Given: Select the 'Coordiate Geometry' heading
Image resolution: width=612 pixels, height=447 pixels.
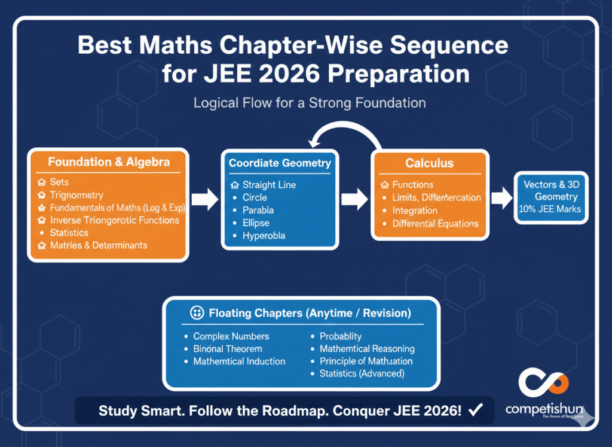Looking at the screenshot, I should tap(280, 163).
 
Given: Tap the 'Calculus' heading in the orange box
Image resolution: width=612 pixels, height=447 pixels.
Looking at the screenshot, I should tap(429, 163).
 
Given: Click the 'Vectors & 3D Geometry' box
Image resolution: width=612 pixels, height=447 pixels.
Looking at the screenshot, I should tap(551, 197).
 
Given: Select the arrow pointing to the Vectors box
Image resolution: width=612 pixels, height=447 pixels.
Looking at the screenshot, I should tap(501, 196).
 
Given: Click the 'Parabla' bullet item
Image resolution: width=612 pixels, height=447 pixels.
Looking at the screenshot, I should tap(258, 210).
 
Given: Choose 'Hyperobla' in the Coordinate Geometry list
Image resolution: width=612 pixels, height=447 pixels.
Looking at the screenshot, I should tap(264, 236).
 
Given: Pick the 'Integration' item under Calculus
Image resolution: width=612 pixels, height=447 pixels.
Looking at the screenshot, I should tap(415, 211).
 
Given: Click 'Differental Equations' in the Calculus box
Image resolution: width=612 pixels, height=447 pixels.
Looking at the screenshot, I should tap(435, 224).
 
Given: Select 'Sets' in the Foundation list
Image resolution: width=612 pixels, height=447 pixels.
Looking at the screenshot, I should tap(59, 182).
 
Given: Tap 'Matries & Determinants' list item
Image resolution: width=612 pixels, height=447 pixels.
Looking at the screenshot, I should tap(99, 245).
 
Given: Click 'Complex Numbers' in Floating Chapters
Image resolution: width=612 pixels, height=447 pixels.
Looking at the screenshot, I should tap(231, 336).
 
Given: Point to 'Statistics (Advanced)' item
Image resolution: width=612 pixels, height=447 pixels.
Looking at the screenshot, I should tap(362, 373).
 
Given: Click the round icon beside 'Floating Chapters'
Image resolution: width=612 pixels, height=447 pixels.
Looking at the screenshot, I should tap(197, 313).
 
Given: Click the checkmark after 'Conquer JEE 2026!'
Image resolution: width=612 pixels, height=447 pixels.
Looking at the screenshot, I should tap(476, 410).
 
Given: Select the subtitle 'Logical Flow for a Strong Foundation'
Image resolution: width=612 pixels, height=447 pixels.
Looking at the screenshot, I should tap(309, 103).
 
